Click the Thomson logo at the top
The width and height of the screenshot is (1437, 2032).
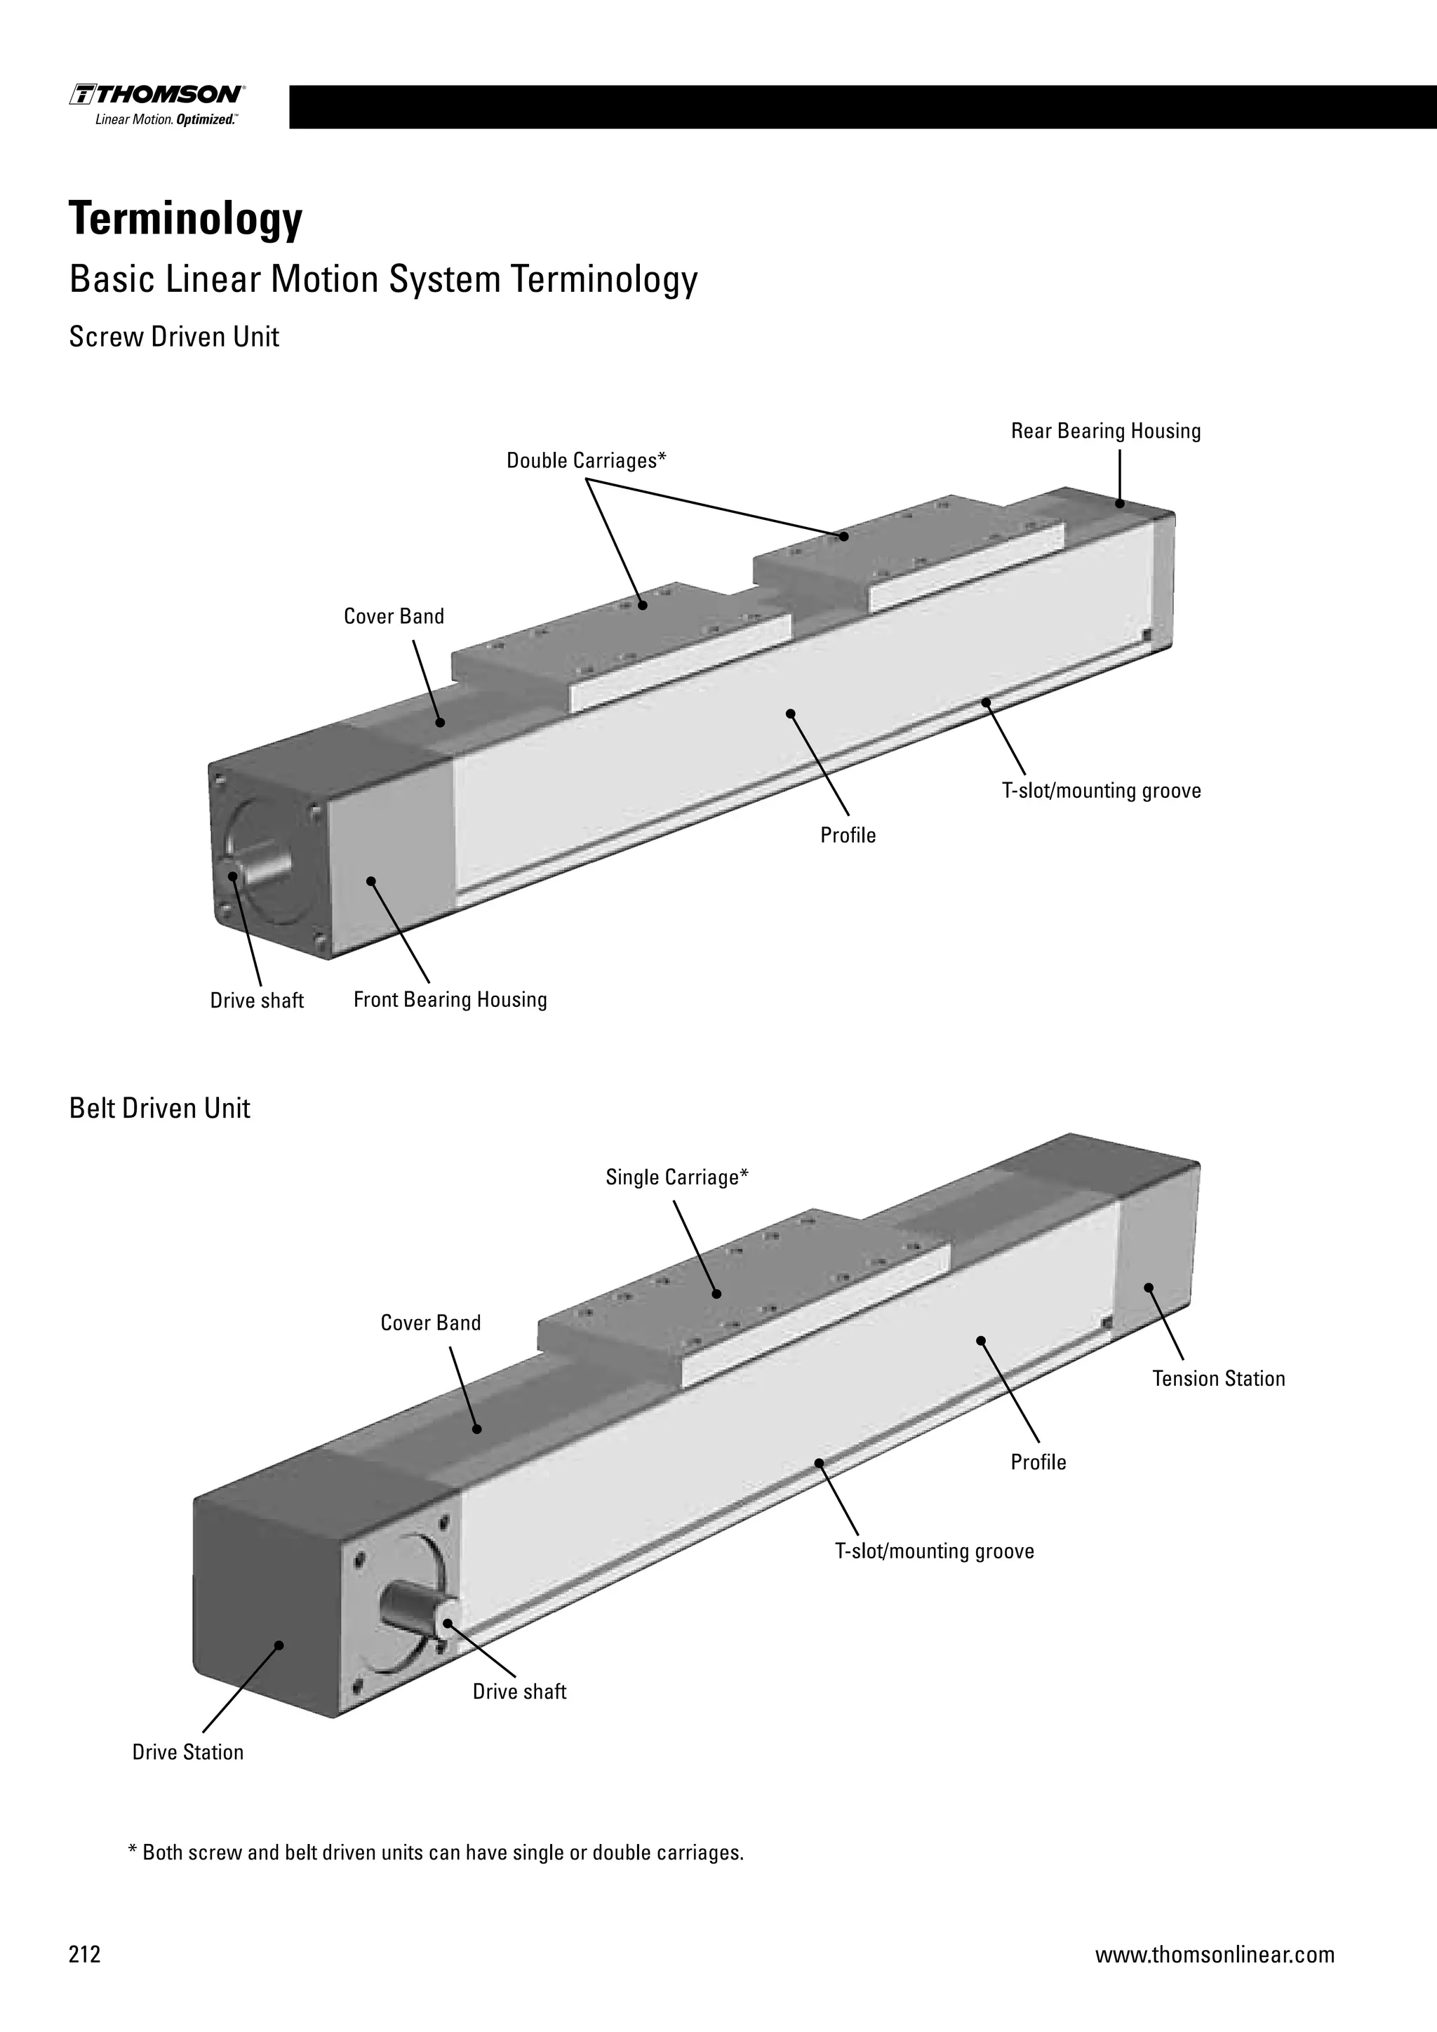tap(157, 105)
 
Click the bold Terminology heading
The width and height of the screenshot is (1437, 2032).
tap(186, 219)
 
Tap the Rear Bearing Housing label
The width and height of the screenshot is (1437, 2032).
tap(1105, 431)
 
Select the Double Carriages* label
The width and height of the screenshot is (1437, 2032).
tap(586, 460)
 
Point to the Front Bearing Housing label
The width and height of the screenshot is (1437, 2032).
tap(450, 999)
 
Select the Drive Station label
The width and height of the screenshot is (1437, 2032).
tap(187, 1752)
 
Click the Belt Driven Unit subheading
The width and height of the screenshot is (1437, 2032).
tap(159, 1108)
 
